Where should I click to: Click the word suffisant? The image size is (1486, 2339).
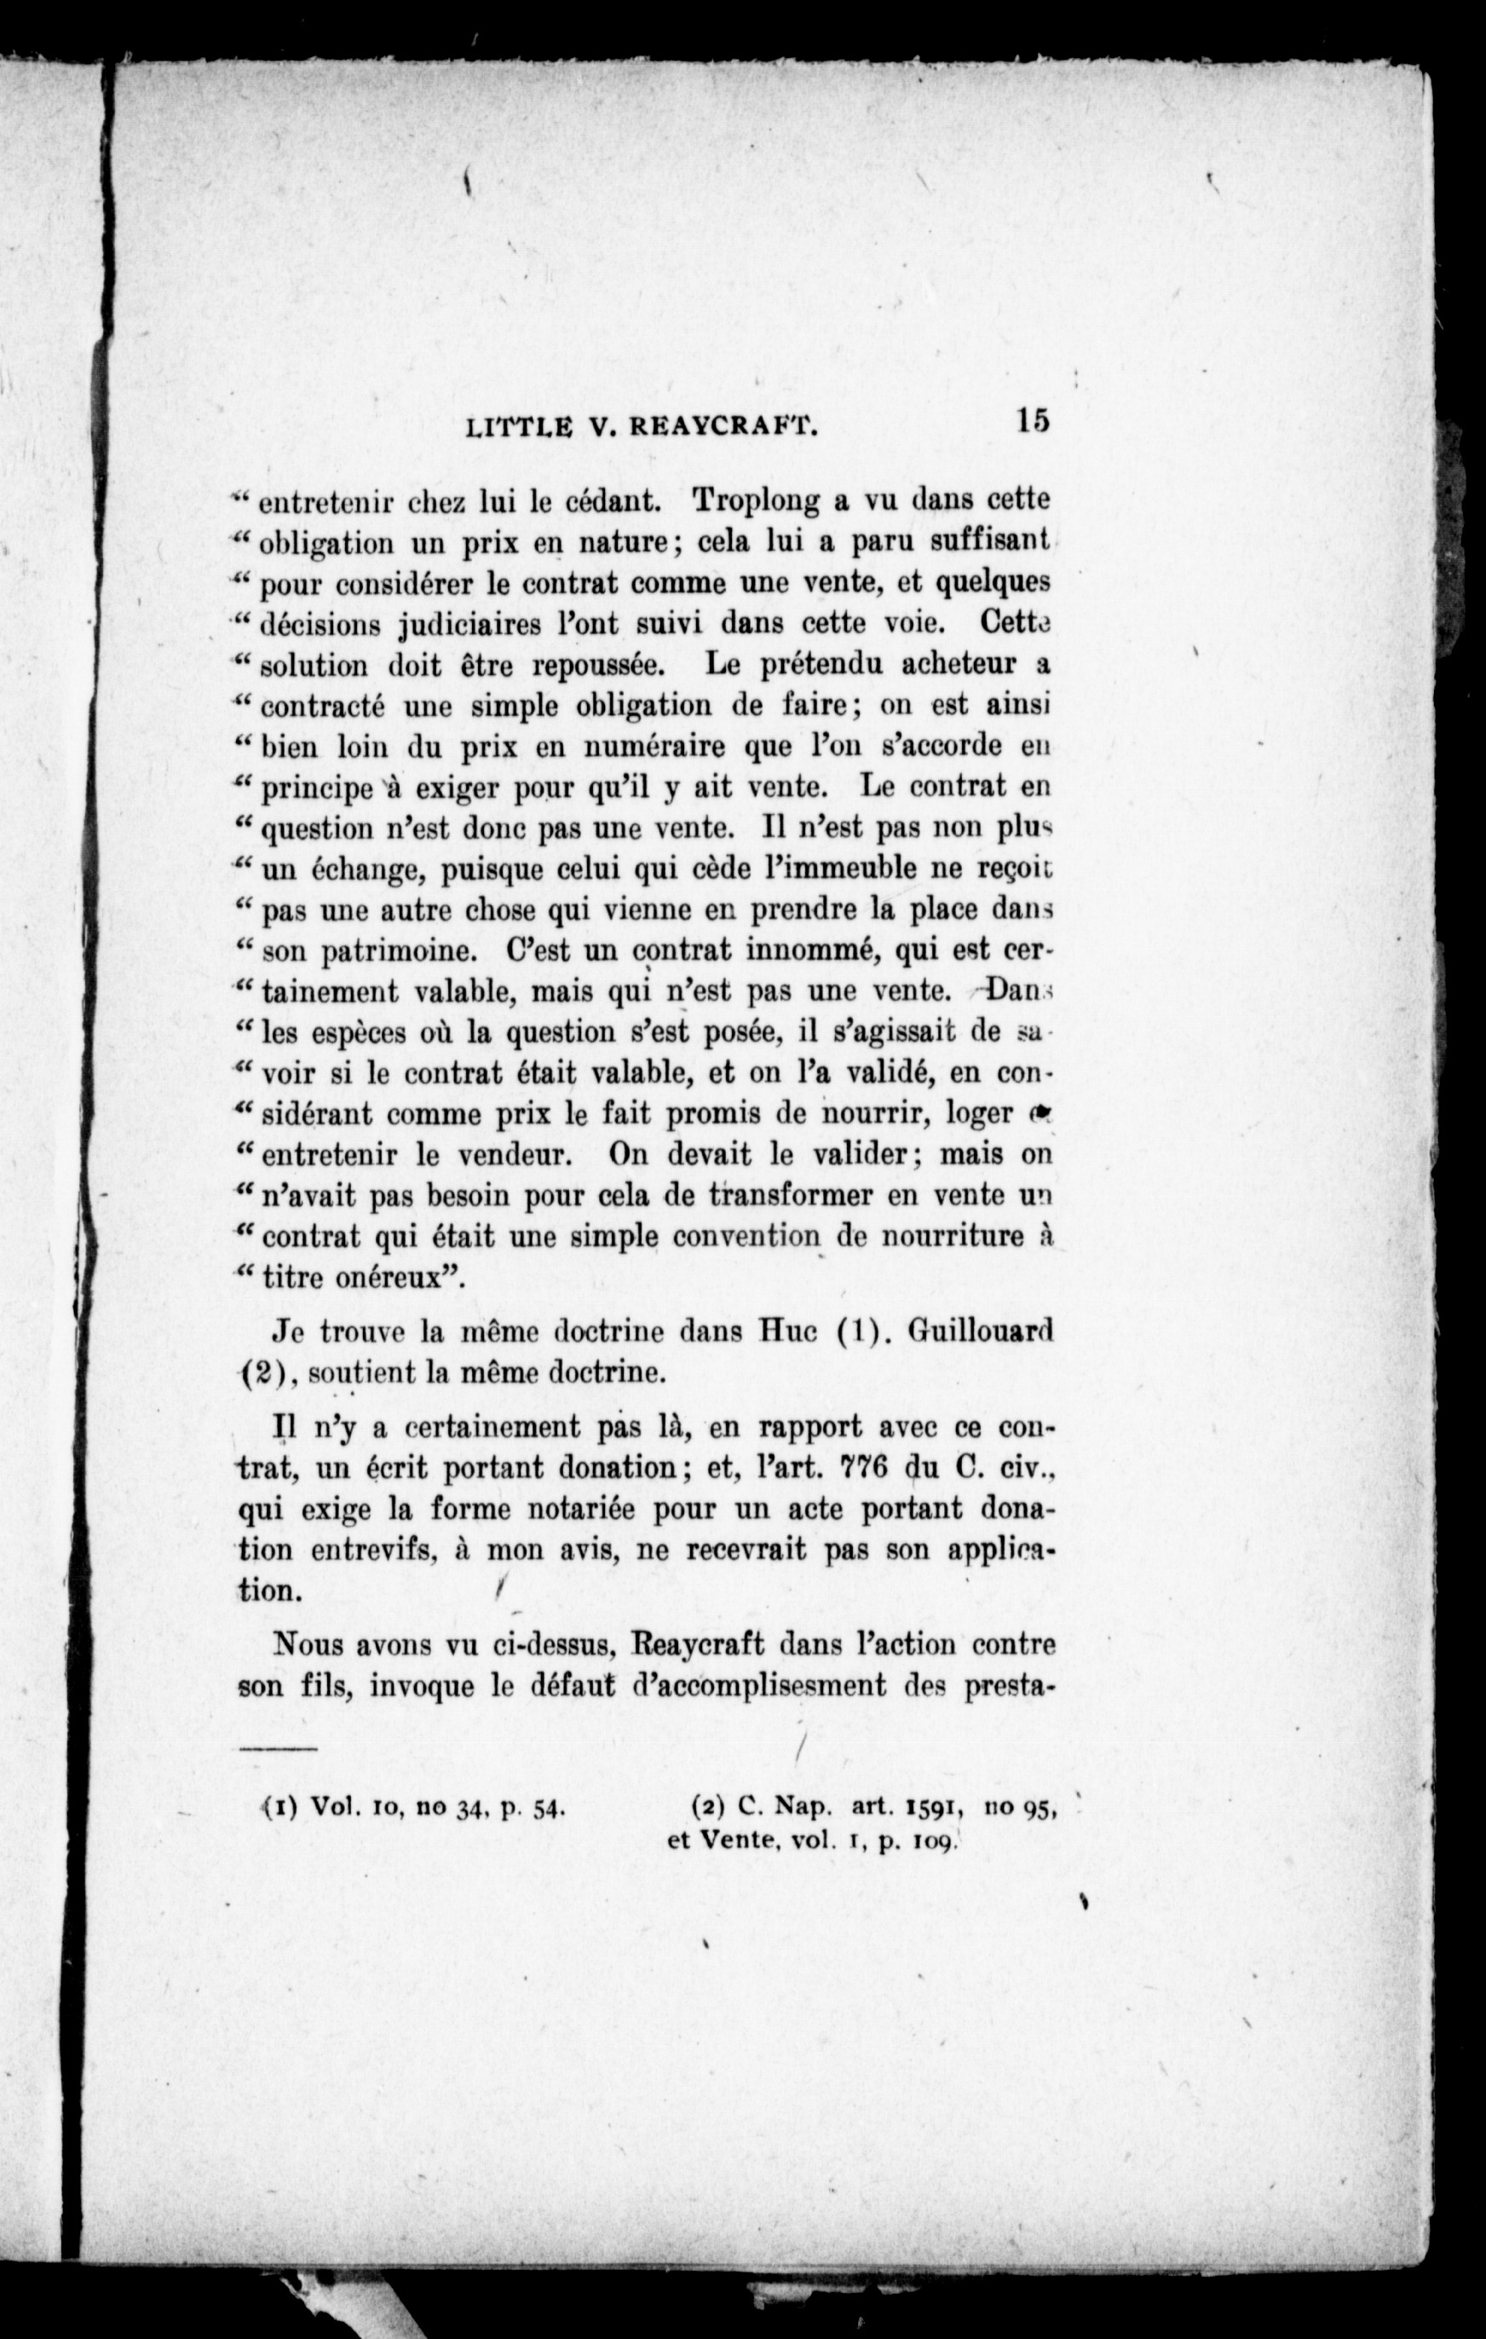(x=991, y=542)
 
